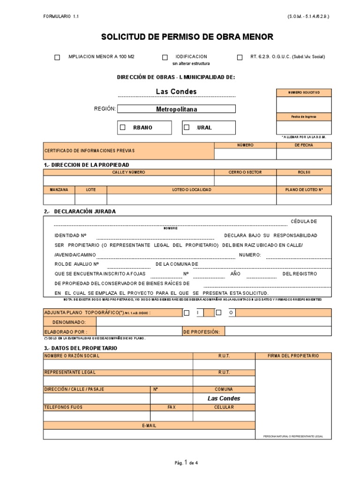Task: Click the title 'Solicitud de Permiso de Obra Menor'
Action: [187, 37]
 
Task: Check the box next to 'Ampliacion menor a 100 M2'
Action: [57, 57]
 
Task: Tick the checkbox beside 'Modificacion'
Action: [165, 57]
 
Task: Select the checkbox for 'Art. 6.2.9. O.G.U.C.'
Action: [240, 57]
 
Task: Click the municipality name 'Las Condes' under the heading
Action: [176, 91]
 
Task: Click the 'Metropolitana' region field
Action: [176, 109]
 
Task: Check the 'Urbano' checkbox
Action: [123, 127]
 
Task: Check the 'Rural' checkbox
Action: [187, 127]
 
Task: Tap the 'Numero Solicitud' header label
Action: [304, 93]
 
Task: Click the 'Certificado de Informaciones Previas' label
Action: [89, 150]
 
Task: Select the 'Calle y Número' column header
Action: [128, 172]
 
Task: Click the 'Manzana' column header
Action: [59, 189]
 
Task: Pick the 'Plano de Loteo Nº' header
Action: [304, 189]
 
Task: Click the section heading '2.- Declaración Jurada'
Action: [80, 211]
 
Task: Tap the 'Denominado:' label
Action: [69, 322]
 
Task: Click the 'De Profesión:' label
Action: [202, 331]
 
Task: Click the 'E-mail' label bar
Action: [149, 425]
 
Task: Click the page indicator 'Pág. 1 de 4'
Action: [186, 463]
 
